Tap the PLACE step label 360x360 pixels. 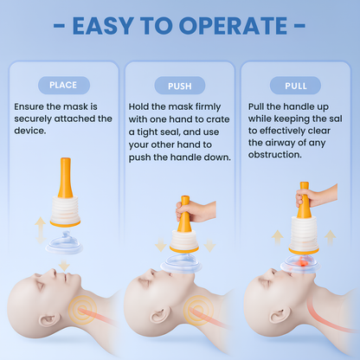click(62, 85)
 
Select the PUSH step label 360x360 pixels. click(179, 85)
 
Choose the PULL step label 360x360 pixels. click(295, 85)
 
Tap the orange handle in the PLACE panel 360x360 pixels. click(64, 173)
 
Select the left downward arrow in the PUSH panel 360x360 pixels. click(159, 246)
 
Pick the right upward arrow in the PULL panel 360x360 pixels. click(329, 236)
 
